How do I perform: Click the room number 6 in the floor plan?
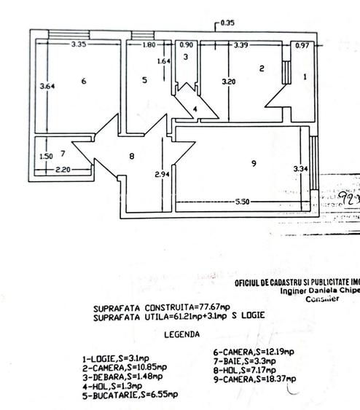(x=84, y=81)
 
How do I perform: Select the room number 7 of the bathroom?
(x=63, y=154)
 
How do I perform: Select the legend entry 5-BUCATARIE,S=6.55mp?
(x=130, y=393)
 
